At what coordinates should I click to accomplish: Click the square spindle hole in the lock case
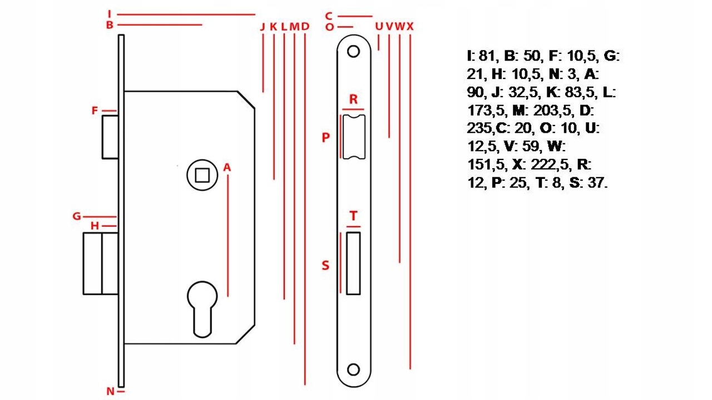[x=202, y=175]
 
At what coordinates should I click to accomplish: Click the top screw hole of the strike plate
[x=353, y=52]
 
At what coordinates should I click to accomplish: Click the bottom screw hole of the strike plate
[x=353, y=369]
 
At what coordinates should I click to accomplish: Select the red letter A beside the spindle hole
[x=227, y=167]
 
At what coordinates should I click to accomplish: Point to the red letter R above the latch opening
[x=353, y=99]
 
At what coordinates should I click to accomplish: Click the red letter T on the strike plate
[x=353, y=216]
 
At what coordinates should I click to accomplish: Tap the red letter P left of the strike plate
[x=326, y=137]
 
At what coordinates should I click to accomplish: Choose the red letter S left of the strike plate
[x=325, y=265]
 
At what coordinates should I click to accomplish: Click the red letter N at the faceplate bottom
[x=110, y=392]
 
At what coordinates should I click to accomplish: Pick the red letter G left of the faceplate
[x=77, y=216]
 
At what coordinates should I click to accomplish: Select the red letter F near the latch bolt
[x=95, y=111]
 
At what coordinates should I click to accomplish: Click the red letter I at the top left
[x=110, y=14]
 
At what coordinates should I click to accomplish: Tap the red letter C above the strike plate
[x=329, y=16]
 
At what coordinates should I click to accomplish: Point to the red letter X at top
[x=411, y=26]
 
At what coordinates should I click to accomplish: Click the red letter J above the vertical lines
[x=263, y=27]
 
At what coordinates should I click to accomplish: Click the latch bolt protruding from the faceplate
[x=110, y=137]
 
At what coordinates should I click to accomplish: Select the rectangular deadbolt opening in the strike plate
[x=353, y=263]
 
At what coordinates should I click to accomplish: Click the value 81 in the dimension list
[x=487, y=56]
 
